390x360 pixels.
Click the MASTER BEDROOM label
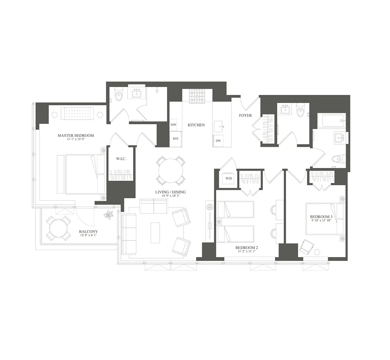tap(75, 135)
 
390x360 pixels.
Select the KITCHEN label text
tap(196, 125)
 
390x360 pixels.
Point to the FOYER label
tap(245, 115)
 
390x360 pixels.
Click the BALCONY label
tap(88, 232)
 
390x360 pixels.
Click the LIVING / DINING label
tap(170, 192)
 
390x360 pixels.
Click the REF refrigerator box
tap(175, 138)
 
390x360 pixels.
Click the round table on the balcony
tap(58, 229)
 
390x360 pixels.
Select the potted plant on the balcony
tap(108, 215)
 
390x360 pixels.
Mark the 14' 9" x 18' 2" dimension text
tap(170, 196)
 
